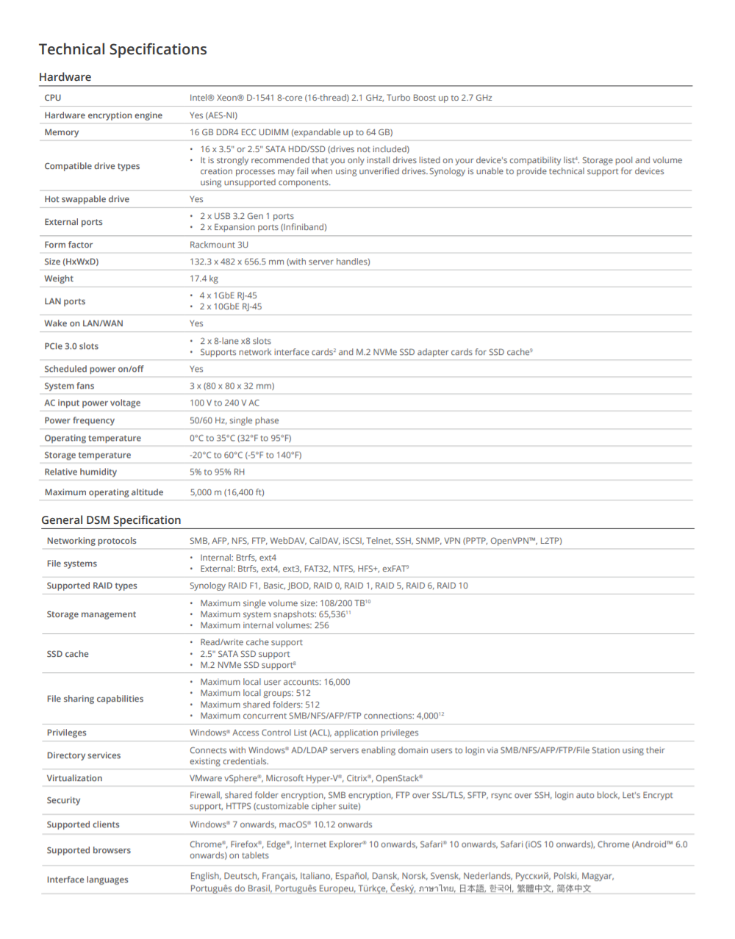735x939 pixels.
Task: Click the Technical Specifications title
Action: tap(123, 49)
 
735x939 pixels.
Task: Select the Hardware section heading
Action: tap(65, 77)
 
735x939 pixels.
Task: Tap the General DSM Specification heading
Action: tap(111, 520)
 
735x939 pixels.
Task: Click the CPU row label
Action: tap(53, 98)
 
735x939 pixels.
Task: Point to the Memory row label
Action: tap(62, 132)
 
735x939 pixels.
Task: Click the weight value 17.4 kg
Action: tap(204, 278)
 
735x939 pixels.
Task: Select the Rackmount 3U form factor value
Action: tap(219, 245)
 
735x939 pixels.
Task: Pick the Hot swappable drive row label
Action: tap(87, 199)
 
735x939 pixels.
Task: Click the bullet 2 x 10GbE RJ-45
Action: tap(231, 306)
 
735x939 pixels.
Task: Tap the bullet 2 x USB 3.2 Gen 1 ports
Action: tap(247, 216)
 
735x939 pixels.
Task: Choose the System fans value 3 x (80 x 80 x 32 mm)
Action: tap(232, 386)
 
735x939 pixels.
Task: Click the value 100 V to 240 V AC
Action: tap(224, 403)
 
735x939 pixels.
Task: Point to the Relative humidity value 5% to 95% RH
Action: tap(218, 472)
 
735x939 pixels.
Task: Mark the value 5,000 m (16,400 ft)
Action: tap(227, 492)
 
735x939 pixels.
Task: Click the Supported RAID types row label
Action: tap(92, 586)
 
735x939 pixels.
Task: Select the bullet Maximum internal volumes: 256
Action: tap(265, 625)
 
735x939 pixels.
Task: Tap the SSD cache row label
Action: tap(68, 654)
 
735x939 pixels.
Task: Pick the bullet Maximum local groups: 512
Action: tap(255, 693)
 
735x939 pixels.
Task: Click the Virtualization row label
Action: tap(74, 778)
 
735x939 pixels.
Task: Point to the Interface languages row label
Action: tap(87, 879)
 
